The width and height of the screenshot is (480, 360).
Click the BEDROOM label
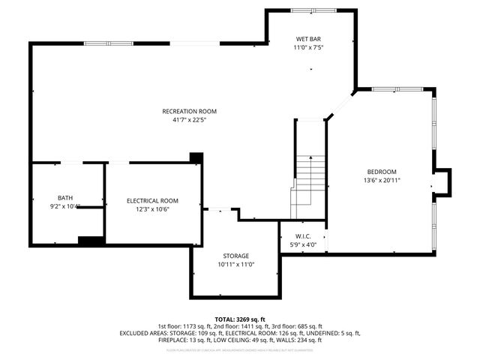(381, 172)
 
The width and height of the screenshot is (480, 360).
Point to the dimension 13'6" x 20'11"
(381, 180)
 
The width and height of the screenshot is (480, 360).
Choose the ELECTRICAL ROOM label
(152, 200)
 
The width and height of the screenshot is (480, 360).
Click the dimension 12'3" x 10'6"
(152, 209)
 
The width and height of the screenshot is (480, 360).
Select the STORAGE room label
(235, 256)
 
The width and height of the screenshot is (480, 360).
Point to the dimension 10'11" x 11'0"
(235, 264)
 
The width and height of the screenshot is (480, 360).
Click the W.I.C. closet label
(303, 235)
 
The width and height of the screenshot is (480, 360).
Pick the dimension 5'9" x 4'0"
(303, 244)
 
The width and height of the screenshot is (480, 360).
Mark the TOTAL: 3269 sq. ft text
(240, 319)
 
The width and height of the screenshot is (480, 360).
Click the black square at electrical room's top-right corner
(196, 157)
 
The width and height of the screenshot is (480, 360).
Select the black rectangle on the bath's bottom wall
(91, 241)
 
